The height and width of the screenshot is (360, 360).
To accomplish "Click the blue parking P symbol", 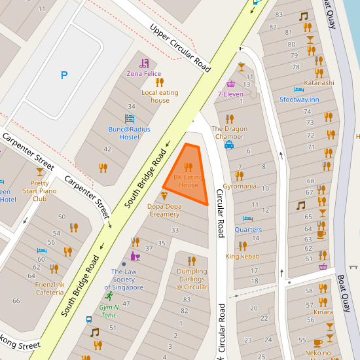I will click(63, 75).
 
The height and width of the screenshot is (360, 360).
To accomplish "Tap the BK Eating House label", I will click(188, 181).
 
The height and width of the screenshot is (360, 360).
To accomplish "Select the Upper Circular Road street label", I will click(180, 48).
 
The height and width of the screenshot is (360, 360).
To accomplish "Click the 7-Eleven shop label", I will click(230, 94).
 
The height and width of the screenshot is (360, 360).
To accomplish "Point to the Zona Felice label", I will click(144, 74).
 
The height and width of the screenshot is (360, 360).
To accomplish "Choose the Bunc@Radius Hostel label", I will click(129, 133).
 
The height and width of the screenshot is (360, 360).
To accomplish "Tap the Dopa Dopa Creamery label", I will click(164, 210).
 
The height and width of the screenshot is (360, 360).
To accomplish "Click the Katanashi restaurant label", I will click(319, 83).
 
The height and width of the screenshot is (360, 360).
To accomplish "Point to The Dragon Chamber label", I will click(229, 132).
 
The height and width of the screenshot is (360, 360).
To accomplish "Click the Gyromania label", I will click(240, 186).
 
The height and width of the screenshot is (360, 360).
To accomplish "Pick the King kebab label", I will click(242, 256).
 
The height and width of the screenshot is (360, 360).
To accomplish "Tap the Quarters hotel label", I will click(248, 230).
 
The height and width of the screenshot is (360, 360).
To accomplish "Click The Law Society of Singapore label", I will click(127, 279).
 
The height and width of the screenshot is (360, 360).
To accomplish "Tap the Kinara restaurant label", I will click(323, 312).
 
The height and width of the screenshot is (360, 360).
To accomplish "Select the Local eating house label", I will click(160, 96).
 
